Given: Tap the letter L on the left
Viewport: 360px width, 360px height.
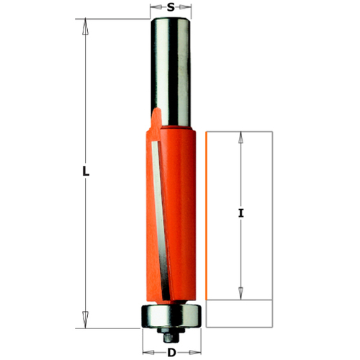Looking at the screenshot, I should click(x=84, y=172).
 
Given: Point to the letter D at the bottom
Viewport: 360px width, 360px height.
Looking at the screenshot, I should click(x=171, y=353).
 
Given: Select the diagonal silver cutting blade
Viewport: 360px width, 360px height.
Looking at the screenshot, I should click(x=160, y=216).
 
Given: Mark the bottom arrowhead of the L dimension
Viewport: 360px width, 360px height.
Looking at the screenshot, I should click(x=84, y=316).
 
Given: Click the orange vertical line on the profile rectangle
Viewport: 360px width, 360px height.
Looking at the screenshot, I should click(x=207, y=216).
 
